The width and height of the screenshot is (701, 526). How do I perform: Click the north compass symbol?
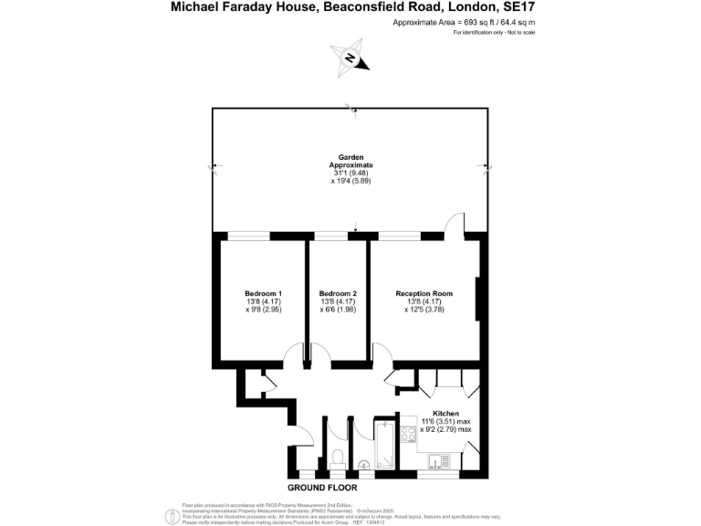point(350,58)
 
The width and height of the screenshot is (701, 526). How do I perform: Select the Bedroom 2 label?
point(338,293)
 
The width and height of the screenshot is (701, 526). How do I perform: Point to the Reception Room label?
point(424,293)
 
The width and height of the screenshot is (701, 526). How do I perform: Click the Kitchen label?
point(445,413)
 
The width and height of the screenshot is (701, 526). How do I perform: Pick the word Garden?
point(350,157)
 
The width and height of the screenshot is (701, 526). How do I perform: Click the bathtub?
point(383,447)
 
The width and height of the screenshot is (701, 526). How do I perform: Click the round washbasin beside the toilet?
point(365,463)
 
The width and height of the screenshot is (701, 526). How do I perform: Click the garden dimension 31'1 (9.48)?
point(350,174)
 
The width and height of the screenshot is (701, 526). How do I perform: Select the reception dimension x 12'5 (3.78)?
point(424,310)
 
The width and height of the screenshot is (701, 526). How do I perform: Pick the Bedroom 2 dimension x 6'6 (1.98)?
point(338,310)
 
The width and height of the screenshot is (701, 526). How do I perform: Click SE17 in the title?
point(514,7)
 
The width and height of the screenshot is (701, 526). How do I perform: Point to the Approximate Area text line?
point(464,22)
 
